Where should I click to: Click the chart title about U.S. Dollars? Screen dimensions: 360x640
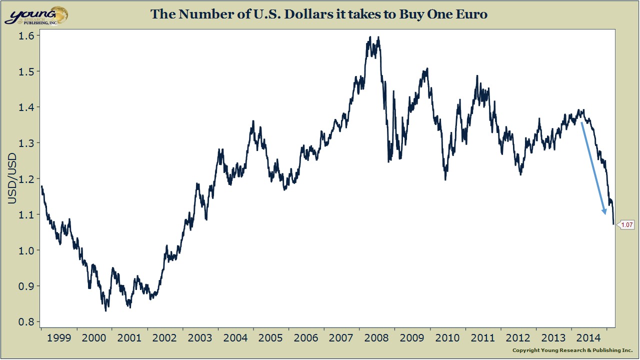point(319,14)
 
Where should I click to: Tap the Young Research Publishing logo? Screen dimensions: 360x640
point(36,15)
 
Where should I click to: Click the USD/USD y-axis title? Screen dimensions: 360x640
point(12,178)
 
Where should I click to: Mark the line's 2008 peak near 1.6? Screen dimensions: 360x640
point(370,37)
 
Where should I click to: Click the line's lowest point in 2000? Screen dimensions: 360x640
point(106,310)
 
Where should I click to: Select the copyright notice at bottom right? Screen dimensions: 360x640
point(572,350)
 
